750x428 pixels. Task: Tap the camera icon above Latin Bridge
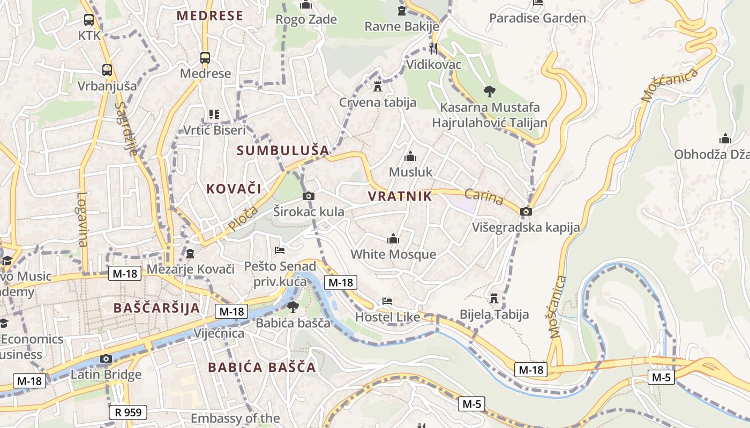pos(106,358)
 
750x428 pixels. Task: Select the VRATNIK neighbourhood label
pos(400,196)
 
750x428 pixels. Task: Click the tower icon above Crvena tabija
pos(377,86)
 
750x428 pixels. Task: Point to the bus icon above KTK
pos(89,20)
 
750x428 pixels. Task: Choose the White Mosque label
pos(393,254)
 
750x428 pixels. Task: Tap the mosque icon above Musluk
pos(410,156)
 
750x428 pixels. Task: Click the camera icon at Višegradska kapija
pos(526,211)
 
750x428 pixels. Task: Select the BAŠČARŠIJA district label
pos(156,308)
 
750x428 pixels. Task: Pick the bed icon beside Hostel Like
pos(387,301)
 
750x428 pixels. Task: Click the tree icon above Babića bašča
pos(292,307)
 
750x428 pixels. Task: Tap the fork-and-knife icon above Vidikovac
pos(433,49)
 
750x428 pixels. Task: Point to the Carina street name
pos(484,197)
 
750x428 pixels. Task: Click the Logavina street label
pos(82,219)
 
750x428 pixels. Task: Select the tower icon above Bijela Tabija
pos(494,298)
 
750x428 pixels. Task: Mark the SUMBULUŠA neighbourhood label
pos(283,150)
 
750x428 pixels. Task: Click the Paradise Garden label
pos(537,18)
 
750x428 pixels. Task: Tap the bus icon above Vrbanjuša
pos(107,70)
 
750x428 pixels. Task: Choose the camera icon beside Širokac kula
pos(308,196)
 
